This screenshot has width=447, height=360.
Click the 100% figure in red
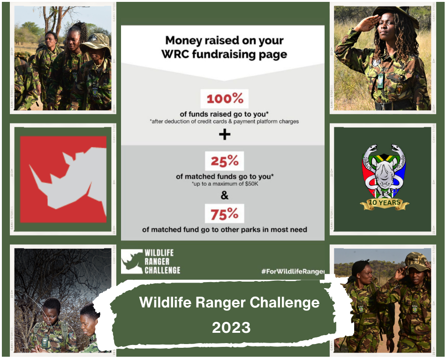[224, 99]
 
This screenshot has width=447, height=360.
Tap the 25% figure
[224, 161]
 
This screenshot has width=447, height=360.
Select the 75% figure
[224, 214]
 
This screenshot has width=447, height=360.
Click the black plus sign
[225, 135]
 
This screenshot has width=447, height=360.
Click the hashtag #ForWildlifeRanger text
[292, 271]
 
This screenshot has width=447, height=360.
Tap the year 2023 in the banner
[231, 328]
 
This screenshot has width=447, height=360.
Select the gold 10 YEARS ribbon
[384, 204]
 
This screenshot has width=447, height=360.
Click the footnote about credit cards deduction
[224, 122]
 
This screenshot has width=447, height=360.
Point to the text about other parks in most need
[224, 230]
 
